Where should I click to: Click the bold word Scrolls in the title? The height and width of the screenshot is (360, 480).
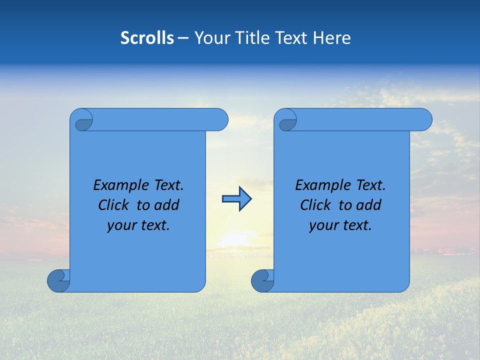[x=147, y=38]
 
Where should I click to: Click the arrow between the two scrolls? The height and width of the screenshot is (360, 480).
[x=236, y=199]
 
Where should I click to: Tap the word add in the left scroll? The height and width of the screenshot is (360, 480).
[x=166, y=205]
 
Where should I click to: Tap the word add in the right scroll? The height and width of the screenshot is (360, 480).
[x=368, y=205]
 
